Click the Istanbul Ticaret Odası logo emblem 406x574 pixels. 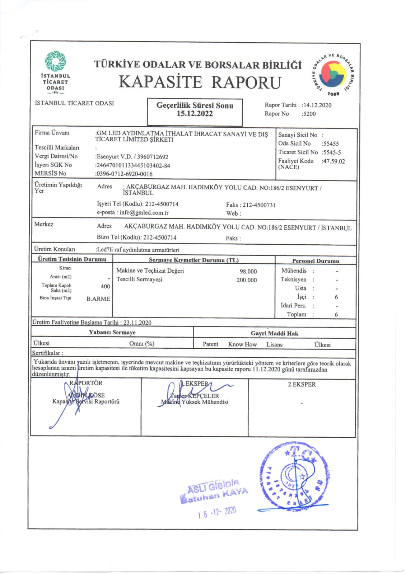click(55, 61)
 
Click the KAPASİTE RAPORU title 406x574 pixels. click(200, 82)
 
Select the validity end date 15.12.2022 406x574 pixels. click(195, 114)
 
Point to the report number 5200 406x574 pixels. click(309, 114)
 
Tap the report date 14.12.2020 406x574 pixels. click(317, 105)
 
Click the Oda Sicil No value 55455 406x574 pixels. click(331, 143)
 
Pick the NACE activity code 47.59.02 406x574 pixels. click(334, 161)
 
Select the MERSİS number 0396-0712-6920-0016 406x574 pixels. click(124, 174)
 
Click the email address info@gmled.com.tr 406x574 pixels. click(144, 212)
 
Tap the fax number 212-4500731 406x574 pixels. click(259, 205)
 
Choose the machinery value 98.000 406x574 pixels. click(248, 272)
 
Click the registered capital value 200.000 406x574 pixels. click(247, 280)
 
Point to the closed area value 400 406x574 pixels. click(105, 286)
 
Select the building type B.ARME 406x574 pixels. click(98, 298)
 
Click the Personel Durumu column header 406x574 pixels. click(315, 261)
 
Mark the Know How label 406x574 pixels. click(242, 344)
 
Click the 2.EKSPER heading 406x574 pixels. click(302, 384)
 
